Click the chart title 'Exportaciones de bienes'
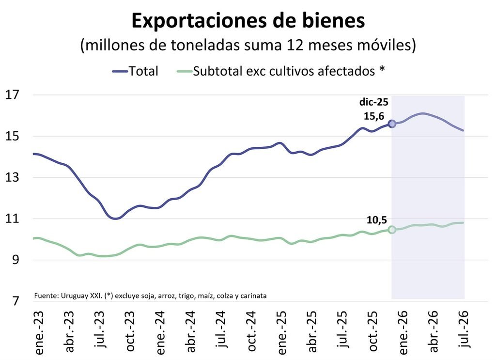click(x=248, y=21)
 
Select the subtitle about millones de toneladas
click(x=248, y=45)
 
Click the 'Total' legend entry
click(x=136, y=71)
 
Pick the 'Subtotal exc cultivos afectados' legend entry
click(x=281, y=71)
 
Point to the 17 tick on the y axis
click(x=12, y=94)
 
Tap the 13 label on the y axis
click(x=12, y=177)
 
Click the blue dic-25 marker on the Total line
click(x=392, y=124)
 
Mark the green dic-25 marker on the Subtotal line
click(x=392, y=230)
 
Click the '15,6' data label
click(x=374, y=116)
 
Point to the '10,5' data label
click(x=377, y=220)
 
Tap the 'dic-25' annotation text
click(x=373, y=102)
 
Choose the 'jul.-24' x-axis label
click(x=221, y=329)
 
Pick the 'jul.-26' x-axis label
click(x=464, y=329)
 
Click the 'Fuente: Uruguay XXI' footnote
click(x=150, y=296)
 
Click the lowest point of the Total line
click(x=115, y=219)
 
